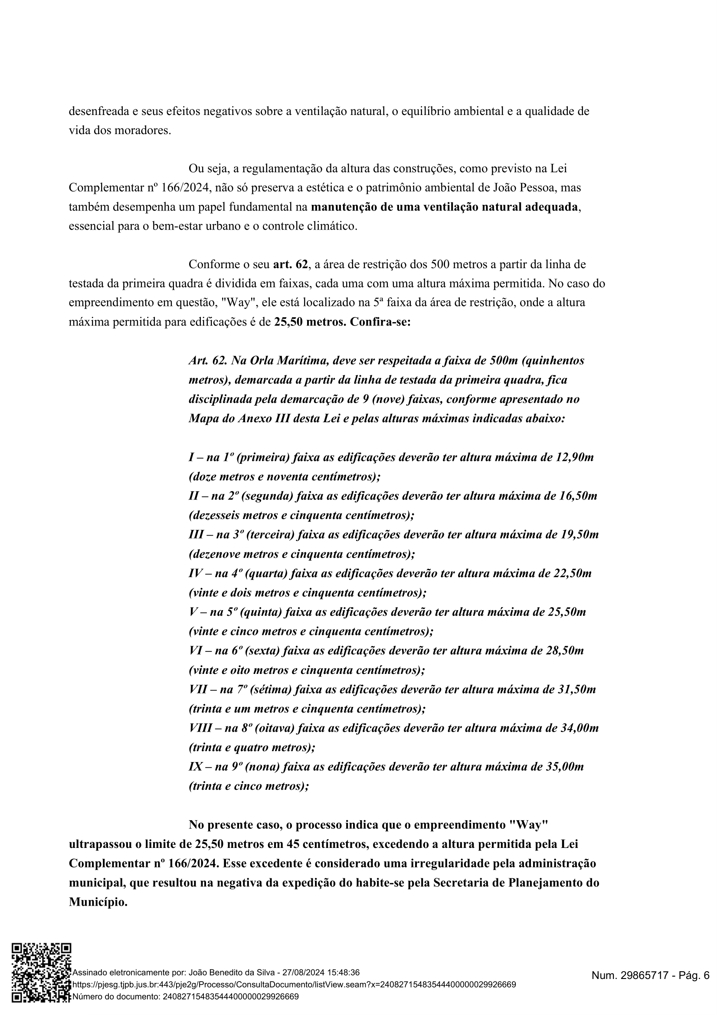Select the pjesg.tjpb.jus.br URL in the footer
click(294, 985)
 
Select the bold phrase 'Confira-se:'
click(380, 322)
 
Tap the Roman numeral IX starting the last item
click(196, 766)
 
